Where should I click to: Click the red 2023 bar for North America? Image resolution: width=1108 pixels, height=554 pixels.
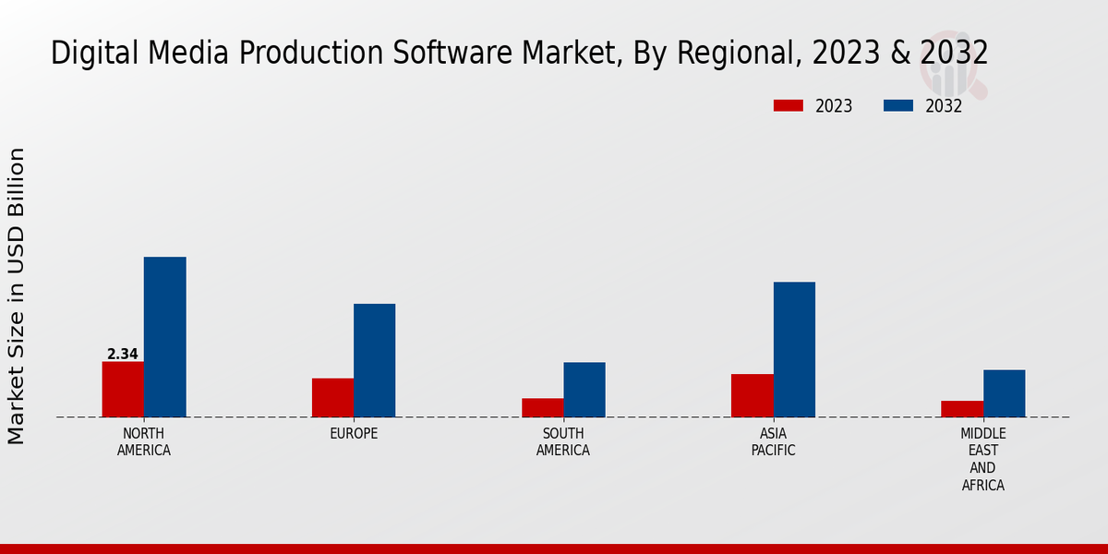123,389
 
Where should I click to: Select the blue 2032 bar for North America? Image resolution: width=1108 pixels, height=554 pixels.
164,337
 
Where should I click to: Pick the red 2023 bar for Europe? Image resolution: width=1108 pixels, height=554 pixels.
332,397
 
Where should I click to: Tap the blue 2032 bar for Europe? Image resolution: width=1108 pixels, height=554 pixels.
374,360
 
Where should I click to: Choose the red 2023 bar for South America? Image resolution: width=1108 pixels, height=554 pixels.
542,407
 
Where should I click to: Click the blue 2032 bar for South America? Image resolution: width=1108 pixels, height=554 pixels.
584,390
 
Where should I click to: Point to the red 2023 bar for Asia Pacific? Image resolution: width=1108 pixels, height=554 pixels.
752,395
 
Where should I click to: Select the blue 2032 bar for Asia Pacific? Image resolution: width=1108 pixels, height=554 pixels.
794,349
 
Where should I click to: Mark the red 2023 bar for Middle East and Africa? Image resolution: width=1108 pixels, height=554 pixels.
962,409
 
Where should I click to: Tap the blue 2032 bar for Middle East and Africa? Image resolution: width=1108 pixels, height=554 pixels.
1004,393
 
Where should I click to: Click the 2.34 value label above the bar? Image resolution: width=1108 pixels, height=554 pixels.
123,354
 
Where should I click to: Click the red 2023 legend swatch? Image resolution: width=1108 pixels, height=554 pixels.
789,105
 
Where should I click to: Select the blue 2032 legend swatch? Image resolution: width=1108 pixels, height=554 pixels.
898,105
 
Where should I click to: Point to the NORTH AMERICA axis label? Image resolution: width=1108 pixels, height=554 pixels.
144,442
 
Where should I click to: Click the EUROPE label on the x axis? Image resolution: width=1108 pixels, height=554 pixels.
354,433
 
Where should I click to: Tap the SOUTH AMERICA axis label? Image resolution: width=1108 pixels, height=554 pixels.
563,442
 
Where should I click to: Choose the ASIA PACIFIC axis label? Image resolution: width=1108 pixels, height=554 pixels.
773,442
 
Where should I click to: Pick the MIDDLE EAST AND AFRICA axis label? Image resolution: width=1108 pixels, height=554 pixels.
983,459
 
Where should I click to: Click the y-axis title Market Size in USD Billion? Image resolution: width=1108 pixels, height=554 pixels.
17,295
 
